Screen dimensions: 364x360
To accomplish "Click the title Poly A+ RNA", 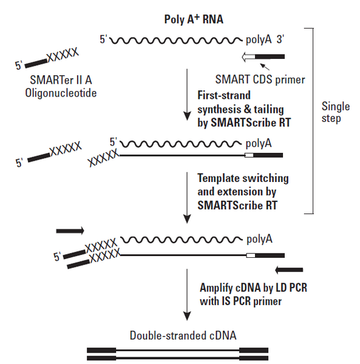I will point(195,18).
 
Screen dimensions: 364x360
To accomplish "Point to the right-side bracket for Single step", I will point(313,121).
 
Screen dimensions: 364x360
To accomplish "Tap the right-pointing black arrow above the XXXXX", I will point(72,231).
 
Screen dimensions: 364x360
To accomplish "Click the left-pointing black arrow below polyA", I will point(289,269).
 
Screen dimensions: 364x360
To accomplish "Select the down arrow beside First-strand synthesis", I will point(187,97).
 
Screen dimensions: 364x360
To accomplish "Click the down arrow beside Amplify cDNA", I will point(187,294).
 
